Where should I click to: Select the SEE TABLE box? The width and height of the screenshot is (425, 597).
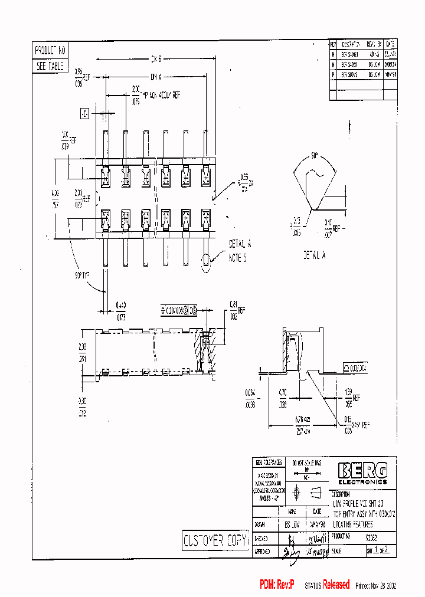point(50,66)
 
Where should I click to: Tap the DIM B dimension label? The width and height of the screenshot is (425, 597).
point(155,59)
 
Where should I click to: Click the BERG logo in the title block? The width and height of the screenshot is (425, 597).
point(362,470)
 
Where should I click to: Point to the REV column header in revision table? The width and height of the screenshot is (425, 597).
point(333,44)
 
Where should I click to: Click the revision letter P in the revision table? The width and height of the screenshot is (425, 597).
point(333,75)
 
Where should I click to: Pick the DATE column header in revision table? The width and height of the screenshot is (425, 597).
point(390,44)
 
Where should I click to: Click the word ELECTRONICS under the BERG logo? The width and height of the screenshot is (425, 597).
point(362,481)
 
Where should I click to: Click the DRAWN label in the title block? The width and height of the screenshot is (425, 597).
point(259,524)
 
